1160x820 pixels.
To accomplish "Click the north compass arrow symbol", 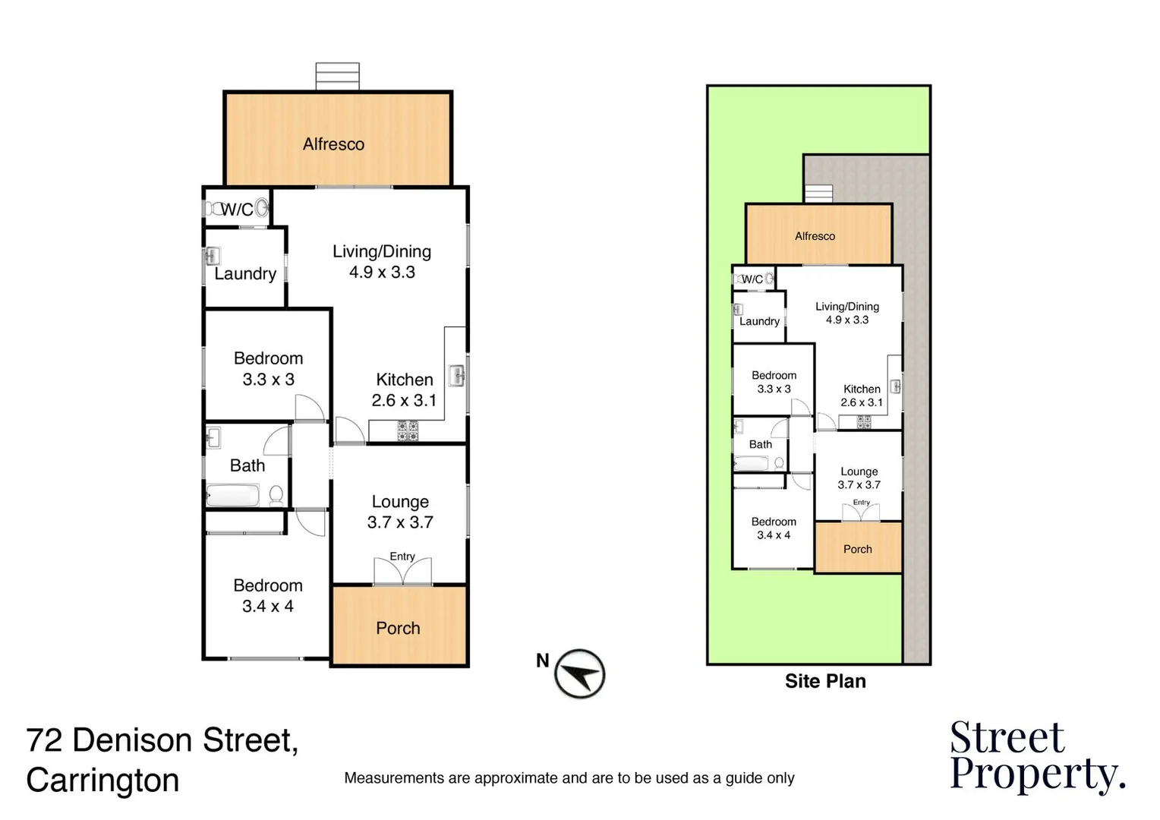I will pos(579,673).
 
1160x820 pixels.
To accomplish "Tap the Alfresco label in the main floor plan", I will pos(333,144).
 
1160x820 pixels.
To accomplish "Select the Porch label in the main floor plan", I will pos(398,628).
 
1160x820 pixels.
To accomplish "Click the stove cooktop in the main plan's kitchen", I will pos(408,432).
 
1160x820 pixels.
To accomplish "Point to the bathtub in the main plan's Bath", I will pos(233,497).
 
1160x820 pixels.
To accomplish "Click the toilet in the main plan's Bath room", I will pos(276,495).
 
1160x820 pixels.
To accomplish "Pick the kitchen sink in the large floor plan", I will pos(457,376).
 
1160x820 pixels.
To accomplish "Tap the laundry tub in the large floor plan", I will pos(213,256).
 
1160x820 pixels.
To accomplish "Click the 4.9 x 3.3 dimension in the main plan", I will pos(382,273).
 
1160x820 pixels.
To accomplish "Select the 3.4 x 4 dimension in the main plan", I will pos(267,607).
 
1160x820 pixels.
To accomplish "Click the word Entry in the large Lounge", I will pos(402,557).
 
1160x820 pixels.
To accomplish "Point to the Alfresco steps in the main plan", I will pos(337,77).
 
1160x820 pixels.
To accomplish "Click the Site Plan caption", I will pos(825,681).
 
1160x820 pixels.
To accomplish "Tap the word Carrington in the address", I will pos(102,781).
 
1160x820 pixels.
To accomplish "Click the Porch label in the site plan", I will pos(857,549).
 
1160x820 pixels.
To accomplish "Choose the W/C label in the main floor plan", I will pos(237,210).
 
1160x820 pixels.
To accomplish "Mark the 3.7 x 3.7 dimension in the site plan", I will pos(859,484).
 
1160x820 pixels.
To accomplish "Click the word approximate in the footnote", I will pos(516,778).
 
